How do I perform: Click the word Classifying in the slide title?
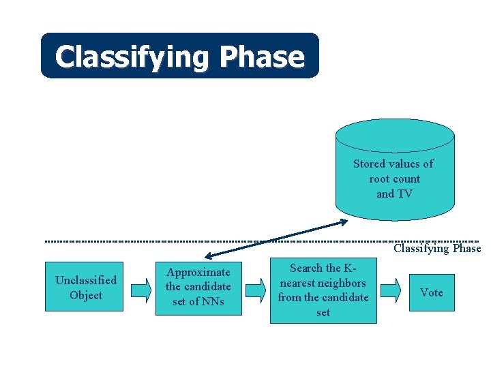pos(133,57)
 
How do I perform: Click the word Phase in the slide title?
pos(262,57)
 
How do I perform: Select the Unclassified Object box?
pos(85,287)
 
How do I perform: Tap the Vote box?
pos(431,292)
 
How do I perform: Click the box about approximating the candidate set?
pos(198,287)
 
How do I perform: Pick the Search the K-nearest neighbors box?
pos(323,290)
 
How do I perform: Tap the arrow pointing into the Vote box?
pos(391,290)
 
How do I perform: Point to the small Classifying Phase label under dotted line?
pos(436,249)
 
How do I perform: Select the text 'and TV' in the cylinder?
pos(394,194)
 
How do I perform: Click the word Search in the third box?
pos(306,268)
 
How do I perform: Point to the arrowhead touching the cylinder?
pos(342,221)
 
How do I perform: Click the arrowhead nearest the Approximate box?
pos(209,256)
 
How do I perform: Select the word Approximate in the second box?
pos(198,273)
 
